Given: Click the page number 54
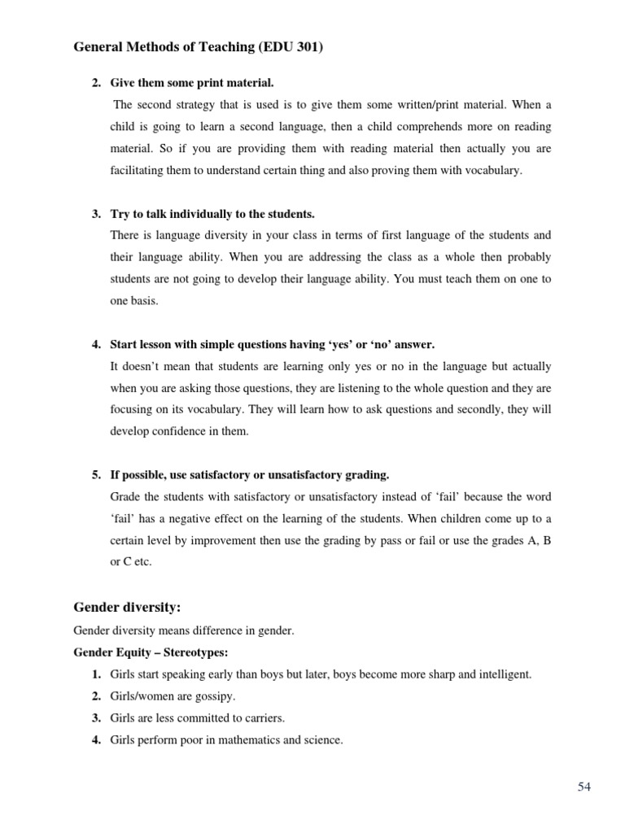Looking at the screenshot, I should click(584, 786).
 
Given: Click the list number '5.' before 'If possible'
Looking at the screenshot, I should click(97, 475).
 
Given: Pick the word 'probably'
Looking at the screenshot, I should click(520, 257).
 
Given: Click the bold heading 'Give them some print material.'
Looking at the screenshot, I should click(192, 83).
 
